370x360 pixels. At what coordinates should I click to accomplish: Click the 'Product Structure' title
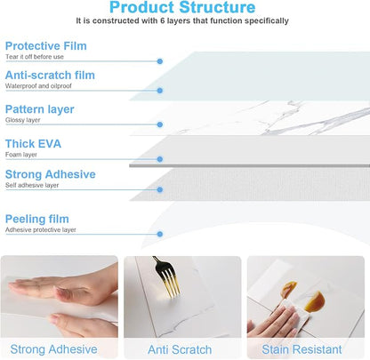click(182, 7)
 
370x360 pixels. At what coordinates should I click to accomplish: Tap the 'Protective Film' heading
click(46, 46)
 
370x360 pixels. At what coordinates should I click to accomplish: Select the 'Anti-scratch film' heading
click(50, 75)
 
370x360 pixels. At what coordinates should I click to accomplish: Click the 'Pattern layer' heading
click(40, 109)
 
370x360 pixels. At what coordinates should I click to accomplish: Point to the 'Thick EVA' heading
click(33, 144)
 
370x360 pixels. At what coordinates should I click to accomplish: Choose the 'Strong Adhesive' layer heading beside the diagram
click(51, 174)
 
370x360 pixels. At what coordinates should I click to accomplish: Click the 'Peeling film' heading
click(37, 219)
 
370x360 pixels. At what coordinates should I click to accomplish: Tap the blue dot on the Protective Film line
click(160, 61)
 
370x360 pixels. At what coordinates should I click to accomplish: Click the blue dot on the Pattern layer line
click(160, 124)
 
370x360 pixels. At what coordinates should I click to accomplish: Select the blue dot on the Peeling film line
click(160, 234)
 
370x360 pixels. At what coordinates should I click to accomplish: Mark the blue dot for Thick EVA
click(160, 159)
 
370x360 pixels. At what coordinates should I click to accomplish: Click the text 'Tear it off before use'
click(35, 57)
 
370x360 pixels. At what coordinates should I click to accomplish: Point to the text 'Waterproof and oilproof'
click(38, 86)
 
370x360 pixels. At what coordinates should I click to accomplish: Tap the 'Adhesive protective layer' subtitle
click(41, 229)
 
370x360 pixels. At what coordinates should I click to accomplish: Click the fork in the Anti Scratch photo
click(166, 276)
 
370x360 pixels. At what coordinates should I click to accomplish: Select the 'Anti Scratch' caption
click(180, 349)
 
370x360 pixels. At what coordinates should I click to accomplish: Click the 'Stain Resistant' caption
click(302, 349)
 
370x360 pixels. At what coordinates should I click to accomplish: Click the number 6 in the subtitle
click(162, 20)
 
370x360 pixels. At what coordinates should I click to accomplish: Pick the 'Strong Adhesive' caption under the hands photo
click(53, 349)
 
